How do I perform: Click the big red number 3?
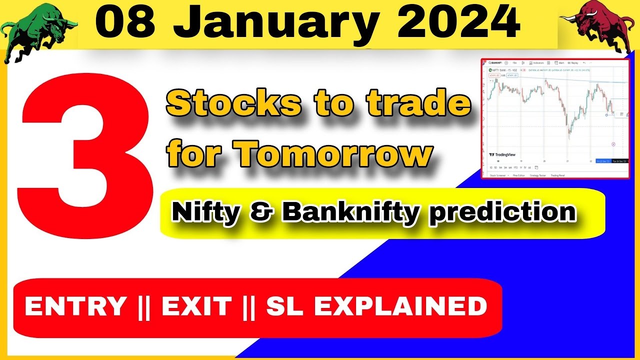(x=85, y=150)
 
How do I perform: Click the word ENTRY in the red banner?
(x=75, y=306)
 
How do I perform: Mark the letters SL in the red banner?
(x=282, y=306)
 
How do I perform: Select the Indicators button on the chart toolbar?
(x=537, y=63)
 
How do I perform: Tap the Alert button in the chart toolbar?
(x=560, y=63)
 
